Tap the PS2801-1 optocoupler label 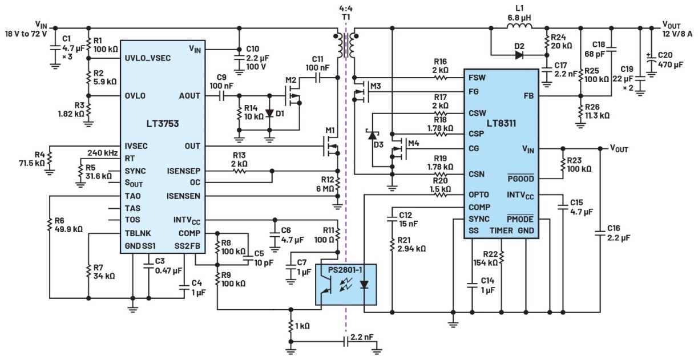click(345, 267)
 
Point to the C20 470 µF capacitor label click(673, 60)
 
